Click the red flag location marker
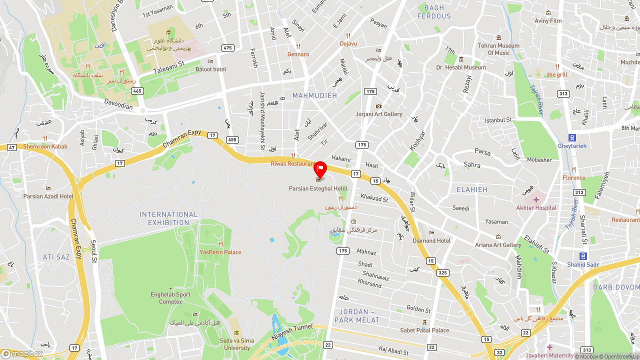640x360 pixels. [320, 169]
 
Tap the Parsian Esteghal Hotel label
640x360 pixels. [318, 188]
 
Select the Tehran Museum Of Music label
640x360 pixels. [498, 49]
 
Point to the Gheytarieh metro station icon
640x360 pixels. [572, 137]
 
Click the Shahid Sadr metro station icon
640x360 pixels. [583, 256]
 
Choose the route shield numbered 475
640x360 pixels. [228, 48]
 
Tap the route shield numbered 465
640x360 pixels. [137, 91]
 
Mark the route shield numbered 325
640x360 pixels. [442, 272]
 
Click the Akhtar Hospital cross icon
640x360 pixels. [536, 199]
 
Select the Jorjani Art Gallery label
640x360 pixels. [378, 114]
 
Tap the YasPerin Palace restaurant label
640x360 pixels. [220, 252]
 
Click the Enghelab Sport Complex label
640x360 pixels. [170, 298]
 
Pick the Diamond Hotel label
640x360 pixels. [431, 240]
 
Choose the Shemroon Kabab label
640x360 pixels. [45, 146]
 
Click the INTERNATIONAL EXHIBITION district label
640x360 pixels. [168, 218]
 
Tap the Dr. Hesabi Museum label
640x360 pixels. [460, 67]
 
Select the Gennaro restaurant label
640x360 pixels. [298, 54]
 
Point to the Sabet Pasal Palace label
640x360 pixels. [424, 330]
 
